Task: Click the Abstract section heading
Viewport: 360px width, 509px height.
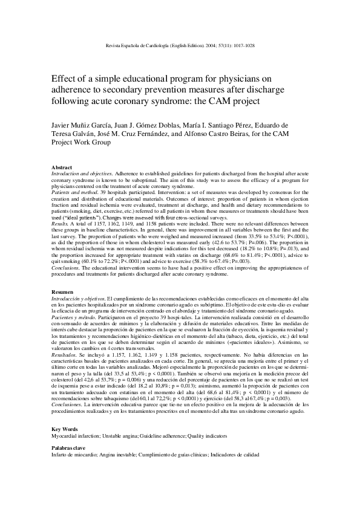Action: click(62, 167)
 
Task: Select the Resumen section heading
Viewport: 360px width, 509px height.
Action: click(63, 291)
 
